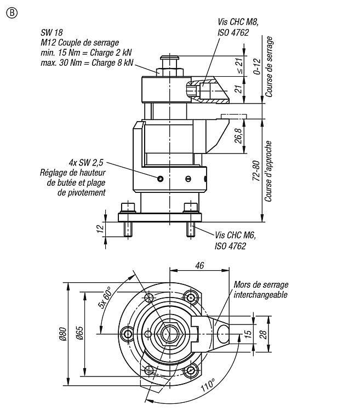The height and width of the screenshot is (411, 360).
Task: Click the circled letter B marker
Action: pyautogui.click(x=12, y=13)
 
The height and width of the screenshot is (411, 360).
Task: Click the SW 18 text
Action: pyautogui.click(x=52, y=32)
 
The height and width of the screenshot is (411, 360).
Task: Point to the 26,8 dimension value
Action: pyautogui.click(x=239, y=136)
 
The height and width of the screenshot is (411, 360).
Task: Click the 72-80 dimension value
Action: pyautogui.click(x=256, y=170)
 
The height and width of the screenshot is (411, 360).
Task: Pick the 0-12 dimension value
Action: pyautogui.click(x=258, y=66)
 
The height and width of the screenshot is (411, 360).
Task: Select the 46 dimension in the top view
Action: pyautogui.click(x=199, y=266)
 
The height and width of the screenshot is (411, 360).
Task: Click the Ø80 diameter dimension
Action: pyautogui.click(x=63, y=334)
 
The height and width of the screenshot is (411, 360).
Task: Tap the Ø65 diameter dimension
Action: pyautogui.click(x=79, y=333)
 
